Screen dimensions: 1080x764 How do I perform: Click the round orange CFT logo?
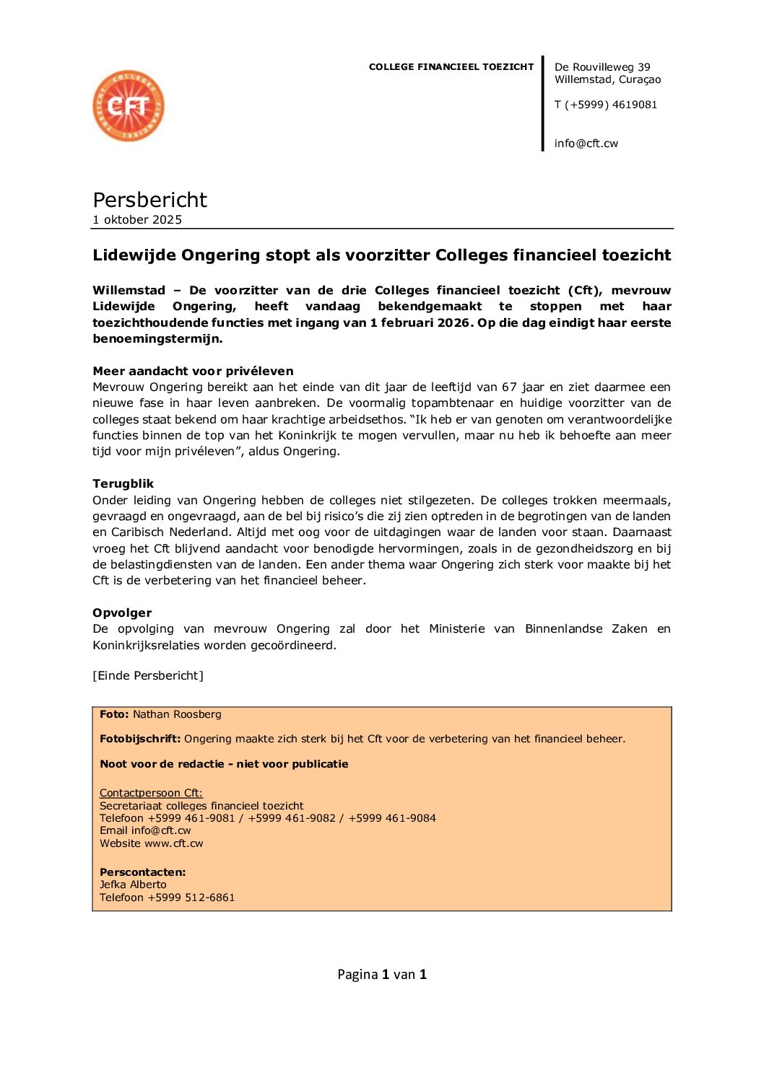(x=129, y=106)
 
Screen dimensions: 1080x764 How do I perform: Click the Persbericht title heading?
(x=149, y=200)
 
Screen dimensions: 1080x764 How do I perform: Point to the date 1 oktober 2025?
(x=137, y=220)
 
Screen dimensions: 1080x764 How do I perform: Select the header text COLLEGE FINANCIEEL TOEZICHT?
(x=451, y=67)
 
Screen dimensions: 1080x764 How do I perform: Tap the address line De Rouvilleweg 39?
(x=602, y=67)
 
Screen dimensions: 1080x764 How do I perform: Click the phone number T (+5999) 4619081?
(x=606, y=105)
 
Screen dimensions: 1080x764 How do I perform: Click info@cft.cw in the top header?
(x=586, y=144)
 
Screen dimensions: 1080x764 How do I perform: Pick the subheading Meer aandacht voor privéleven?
(x=193, y=372)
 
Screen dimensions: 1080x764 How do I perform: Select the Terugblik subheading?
(x=123, y=484)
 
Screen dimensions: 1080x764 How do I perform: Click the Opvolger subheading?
(x=122, y=613)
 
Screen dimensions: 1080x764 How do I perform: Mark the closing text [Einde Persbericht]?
(x=148, y=676)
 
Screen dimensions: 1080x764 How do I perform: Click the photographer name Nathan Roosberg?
(x=177, y=714)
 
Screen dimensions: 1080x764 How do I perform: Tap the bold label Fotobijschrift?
(x=140, y=739)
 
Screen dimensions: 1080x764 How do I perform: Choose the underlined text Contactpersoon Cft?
(x=151, y=793)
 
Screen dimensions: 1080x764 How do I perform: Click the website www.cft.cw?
(x=174, y=843)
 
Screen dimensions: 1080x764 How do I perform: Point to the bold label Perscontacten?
(x=142, y=872)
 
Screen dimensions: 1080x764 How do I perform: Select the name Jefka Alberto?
(x=133, y=884)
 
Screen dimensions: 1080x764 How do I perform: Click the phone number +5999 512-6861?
(x=191, y=897)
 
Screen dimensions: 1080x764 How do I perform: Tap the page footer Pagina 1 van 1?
(x=382, y=975)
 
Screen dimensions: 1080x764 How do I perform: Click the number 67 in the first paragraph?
(x=509, y=387)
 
